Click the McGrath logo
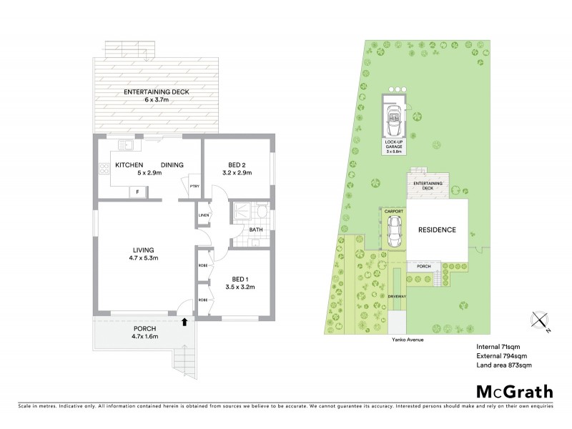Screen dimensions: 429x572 [514, 391]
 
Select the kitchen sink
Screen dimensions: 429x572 [127, 145]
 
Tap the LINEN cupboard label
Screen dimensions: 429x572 [203, 214]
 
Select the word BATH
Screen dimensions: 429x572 [256, 230]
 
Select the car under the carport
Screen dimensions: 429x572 [393, 231]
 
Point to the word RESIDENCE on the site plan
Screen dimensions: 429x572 [436, 230]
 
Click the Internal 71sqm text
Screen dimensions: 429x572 [498, 347]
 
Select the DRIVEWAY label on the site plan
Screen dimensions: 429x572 [398, 295]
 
